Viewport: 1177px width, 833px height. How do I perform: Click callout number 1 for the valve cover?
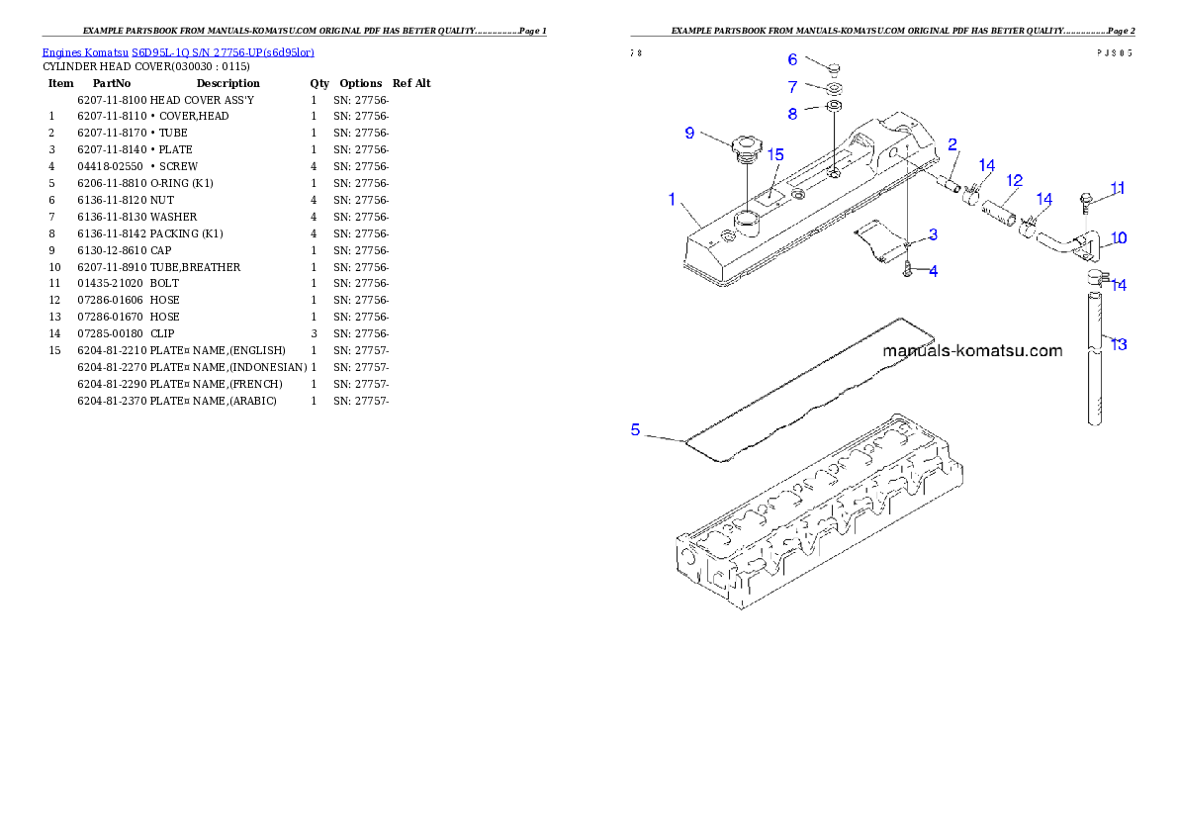672,200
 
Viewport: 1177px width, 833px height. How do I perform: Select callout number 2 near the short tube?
952,144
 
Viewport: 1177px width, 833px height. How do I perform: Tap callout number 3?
933,235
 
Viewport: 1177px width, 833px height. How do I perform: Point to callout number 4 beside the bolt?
933,270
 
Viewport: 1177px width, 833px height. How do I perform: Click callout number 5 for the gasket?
636,429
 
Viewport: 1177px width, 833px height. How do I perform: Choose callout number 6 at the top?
792,60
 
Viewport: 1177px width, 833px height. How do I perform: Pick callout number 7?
792,87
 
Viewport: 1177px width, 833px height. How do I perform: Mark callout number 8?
792,114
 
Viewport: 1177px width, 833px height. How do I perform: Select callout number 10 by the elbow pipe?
1118,238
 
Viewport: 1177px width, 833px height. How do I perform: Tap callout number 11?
1117,188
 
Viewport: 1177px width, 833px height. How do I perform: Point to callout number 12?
1014,181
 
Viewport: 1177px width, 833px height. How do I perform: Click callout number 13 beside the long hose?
1118,344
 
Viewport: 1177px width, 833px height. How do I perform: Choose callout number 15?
775,155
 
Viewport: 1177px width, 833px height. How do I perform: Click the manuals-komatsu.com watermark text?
971,351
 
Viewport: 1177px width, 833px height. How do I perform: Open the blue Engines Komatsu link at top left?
178,51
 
